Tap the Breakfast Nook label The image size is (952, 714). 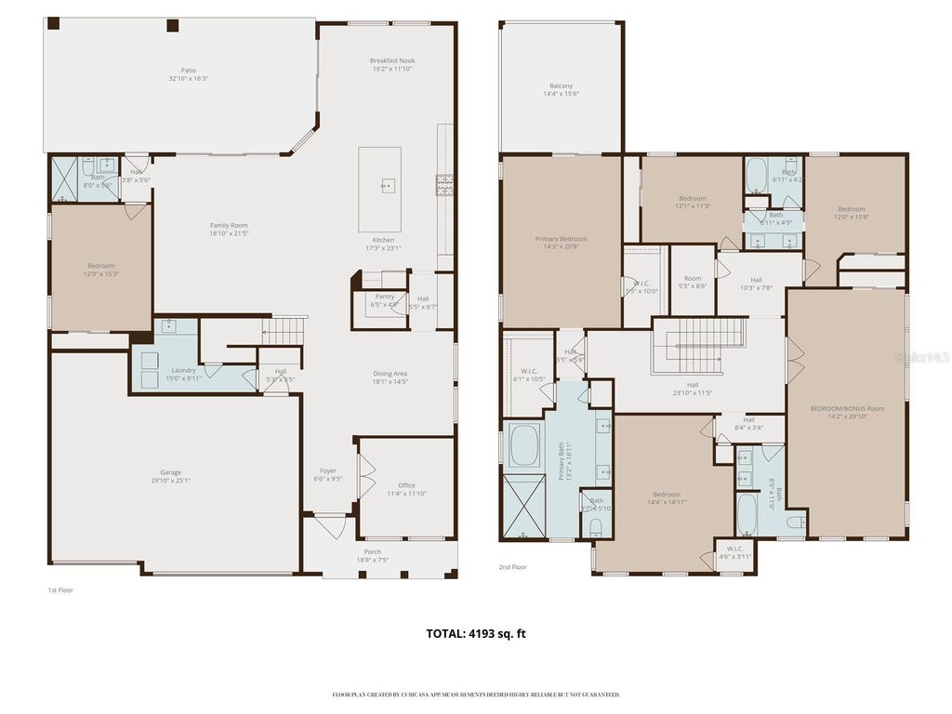pos(392,64)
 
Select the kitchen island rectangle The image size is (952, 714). pos(380,189)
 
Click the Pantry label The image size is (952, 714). pos(384,300)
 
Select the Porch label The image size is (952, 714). pos(372,556)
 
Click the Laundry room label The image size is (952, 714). pos(183,375)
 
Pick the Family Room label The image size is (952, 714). pos(229,230)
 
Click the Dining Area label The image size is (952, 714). pos(390,377)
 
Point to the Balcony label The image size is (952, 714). pos(561,89)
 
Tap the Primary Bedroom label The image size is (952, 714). pos(561,243)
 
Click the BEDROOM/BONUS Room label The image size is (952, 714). pos(846,413)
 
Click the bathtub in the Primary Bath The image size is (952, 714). pos(523,445)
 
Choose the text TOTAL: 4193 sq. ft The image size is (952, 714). pos(476,634)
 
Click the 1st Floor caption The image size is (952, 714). pos(60,590)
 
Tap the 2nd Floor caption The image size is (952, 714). pos(513,565)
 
